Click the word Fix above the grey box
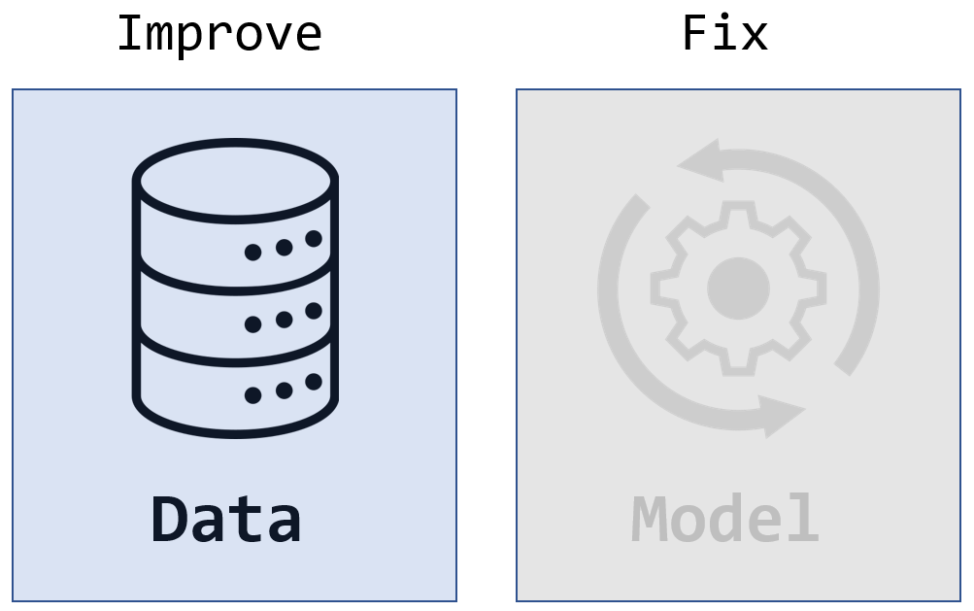[724, 33]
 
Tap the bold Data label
[226, 520]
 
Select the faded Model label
[724, 519]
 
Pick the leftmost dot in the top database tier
[252, 252]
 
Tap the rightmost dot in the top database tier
[314, 239]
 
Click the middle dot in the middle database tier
[284, 320]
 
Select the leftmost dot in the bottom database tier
[252, 395]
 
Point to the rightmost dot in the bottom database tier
[314, 382]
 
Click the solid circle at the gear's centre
[739, 289]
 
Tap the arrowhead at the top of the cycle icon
[700, 161]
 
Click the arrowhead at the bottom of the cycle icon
[782, 415]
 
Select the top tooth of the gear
[738, 213]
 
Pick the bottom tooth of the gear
[738, 364]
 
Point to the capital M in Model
[649, 519]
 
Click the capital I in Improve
[129, 34]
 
